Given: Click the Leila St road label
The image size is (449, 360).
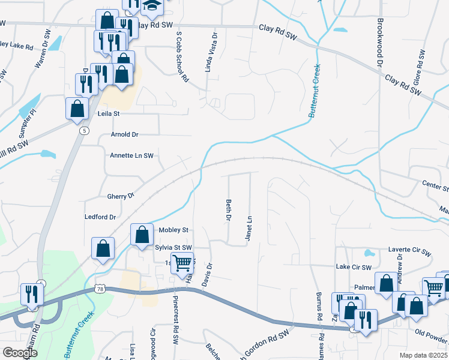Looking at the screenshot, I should (109, 113).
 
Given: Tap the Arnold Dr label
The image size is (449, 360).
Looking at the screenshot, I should (125, 135).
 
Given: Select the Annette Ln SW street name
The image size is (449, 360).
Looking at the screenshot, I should (131, 155).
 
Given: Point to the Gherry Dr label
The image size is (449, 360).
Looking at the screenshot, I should (120, 196).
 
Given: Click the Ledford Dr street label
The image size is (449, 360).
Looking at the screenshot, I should (100, 216).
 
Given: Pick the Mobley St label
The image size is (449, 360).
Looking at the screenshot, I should (173, 230).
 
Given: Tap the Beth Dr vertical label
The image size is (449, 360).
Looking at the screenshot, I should (228, 210).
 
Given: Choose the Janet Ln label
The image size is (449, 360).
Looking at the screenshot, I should (248, 229).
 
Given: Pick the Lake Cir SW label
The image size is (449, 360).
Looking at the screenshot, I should (354, 267).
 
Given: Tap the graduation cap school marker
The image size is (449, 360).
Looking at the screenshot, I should (152, 6).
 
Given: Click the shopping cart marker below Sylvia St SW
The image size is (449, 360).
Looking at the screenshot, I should (182, 262).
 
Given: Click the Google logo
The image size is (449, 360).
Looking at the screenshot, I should (20, 353).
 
